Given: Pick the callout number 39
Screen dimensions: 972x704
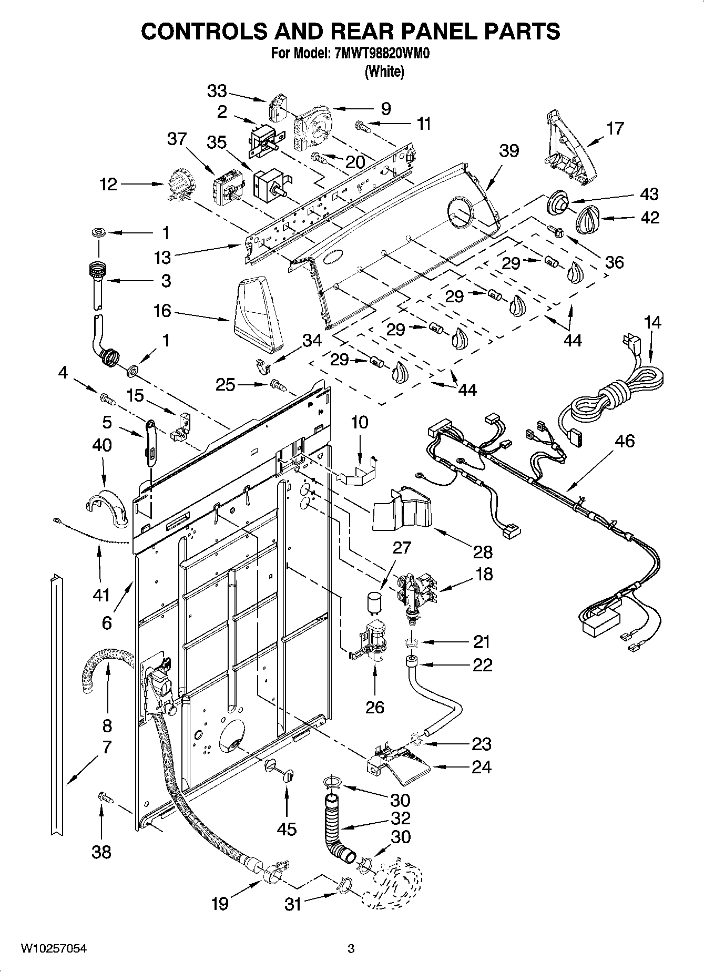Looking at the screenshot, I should coord(508,151).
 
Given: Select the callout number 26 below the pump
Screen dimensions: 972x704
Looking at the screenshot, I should coord(374,707).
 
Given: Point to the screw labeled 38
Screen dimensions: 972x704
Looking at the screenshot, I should coord(107,798).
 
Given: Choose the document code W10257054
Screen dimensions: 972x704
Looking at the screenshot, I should coord(54,948).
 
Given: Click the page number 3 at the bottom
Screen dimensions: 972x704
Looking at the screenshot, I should coord(351,948).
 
